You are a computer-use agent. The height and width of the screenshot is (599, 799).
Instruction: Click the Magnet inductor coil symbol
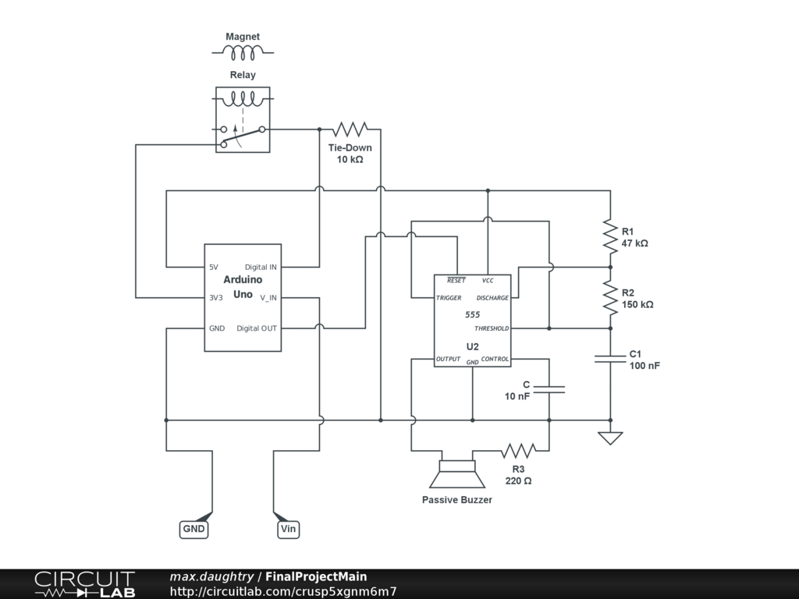pos(243,52)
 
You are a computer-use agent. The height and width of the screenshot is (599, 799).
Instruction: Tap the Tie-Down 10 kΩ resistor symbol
pos(350,129)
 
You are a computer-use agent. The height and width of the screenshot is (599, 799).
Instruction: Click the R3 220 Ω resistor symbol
pos(518,451)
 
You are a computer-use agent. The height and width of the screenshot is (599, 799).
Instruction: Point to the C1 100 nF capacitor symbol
pos(610,358)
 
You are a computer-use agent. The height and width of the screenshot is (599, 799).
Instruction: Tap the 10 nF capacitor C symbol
pos(549,388)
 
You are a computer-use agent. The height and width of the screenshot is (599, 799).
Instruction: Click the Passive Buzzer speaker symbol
pos(456,477)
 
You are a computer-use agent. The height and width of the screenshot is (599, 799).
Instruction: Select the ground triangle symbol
pos(610,438)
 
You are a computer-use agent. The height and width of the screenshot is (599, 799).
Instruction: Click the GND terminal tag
pos(194,529)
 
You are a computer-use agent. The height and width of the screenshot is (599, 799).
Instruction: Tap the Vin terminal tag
pos(288,529)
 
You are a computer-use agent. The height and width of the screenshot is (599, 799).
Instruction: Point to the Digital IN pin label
pos(261,268)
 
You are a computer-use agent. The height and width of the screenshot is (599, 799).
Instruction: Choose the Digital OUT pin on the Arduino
pos(257,328)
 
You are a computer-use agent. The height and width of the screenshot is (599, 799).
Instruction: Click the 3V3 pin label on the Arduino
pos(217,297)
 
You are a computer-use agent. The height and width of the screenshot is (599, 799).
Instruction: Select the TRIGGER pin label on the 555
pos(449,298)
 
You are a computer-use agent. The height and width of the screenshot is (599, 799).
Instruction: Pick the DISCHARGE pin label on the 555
pos(492,298)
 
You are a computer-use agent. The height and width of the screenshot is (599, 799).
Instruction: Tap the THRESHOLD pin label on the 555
pos(492,328)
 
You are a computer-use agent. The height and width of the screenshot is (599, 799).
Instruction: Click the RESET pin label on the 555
pos(456,280)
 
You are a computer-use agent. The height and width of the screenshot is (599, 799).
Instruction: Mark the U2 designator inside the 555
pos(473,346)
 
